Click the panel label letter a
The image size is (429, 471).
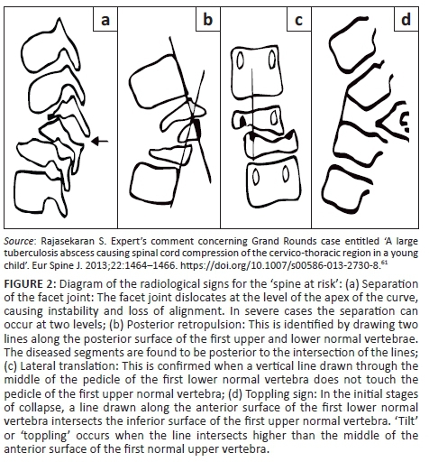click(105, 21)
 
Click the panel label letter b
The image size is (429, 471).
click(208, 19)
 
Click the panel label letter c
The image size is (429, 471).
click(298, 21)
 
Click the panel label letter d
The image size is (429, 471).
click(406, 19)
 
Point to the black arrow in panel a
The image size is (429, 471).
click(99, 141)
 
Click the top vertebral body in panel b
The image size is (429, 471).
click(156, 81)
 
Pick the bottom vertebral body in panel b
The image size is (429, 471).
click(153, 183)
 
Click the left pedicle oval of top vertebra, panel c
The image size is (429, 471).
click(241, 60)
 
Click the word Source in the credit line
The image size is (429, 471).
click(19, 241)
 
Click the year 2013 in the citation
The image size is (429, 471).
click(69, 265)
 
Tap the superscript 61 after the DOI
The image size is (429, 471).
click(384, 263)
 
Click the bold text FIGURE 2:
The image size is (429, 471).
click(30, 283)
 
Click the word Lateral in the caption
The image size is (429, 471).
click(36, 366)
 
